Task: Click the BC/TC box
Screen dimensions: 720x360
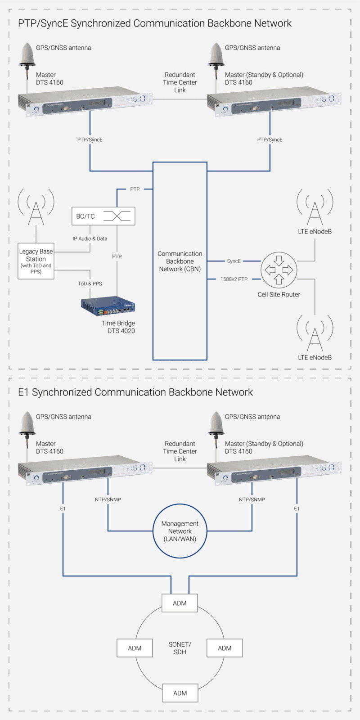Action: (x=103, y=216)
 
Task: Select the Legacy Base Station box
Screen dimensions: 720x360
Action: (x=36, y=261)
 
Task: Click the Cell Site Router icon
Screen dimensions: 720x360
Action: (x=279, y=270)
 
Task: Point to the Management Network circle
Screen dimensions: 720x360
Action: (x=180, y=531)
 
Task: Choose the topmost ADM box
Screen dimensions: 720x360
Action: (x=180, y=603)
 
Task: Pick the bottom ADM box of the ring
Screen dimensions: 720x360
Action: (x=180, y=693)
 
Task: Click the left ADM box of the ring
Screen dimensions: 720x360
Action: (x=135, y=648)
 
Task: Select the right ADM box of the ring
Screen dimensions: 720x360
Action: (x=225, y=648)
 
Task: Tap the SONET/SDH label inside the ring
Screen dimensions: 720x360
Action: (x=180, y=648)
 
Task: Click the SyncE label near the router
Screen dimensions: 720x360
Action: (x=234, y=261)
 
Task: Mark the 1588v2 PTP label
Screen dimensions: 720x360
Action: (x=234, y=279)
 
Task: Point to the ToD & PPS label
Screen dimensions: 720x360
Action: (x=90, y=283)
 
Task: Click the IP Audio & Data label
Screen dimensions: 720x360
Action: (x=90, y=238)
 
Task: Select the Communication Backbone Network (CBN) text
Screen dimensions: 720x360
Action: (x=180, y=261)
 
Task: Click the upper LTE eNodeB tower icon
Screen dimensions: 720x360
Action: (x=315, y=207)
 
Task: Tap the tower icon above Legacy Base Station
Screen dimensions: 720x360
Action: (x=36, y=207)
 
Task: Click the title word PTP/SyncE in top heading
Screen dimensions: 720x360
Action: (x=43, y=23)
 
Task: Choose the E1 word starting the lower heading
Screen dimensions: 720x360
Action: (x=23, y=392)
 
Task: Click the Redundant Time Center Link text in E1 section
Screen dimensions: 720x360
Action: (x=180, y=451)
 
